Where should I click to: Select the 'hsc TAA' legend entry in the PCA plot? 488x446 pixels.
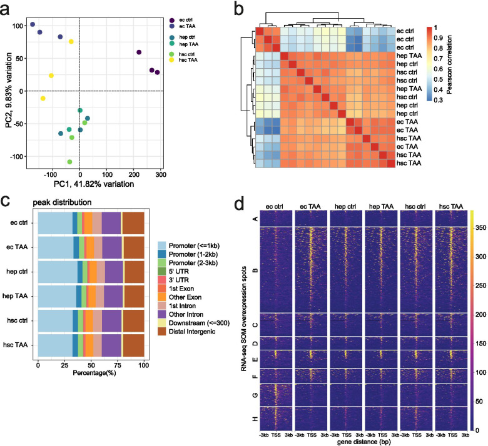(183, 60)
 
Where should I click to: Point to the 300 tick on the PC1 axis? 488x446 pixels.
(161, 175)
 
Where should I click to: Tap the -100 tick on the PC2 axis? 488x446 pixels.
(16, 157)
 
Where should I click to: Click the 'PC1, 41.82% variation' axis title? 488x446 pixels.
(94, 184)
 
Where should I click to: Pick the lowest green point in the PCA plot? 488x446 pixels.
(69, 162)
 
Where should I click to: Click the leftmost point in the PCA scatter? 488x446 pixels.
(33, 24)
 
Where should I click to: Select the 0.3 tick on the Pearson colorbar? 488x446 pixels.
(438, 100)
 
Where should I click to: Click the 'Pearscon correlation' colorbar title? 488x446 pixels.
(449, 64)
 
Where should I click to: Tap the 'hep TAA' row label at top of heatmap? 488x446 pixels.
(409, 56)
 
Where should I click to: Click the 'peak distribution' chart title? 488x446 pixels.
(62, 202)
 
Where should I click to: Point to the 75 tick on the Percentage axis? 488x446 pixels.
(118, 365)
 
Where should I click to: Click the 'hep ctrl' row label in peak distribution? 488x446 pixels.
(17, 272)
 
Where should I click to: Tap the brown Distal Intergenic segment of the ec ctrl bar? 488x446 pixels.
(133, 223)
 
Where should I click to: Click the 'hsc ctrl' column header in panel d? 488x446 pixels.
(415, 206)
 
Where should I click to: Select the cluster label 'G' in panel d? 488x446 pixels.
(255, 395)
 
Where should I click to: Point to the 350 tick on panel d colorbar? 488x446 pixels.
(481, 228)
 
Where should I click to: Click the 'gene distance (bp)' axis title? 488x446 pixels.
(364, 442)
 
